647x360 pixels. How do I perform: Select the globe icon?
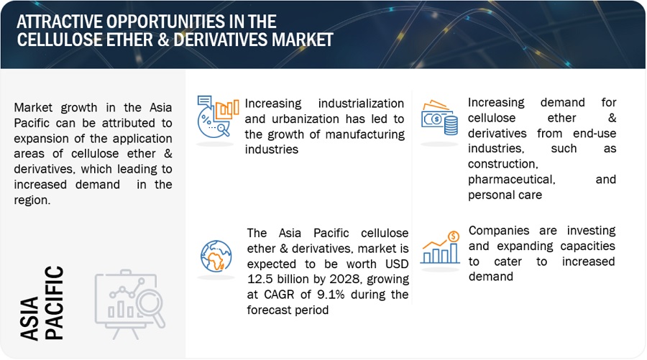(216, 256)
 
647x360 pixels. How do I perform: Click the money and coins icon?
(439, 118)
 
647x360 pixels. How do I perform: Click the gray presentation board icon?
(129, 305)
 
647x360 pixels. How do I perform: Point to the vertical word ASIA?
(29, 318)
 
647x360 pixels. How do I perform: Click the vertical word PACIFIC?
(54, 303)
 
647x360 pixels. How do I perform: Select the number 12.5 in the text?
(260, 280)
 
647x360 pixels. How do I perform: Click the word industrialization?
(361, 103)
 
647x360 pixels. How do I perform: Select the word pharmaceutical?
(512, 180)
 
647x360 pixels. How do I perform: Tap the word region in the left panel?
(32, 200)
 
